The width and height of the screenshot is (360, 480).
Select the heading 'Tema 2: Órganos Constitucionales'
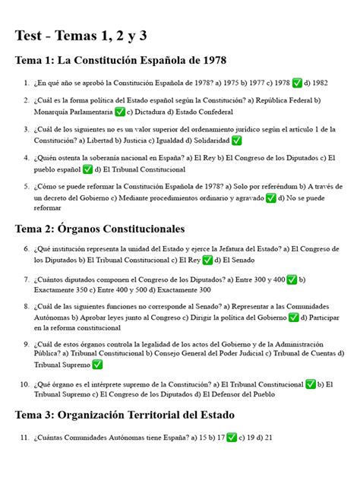pyautogui.click(x=99, y=228)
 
